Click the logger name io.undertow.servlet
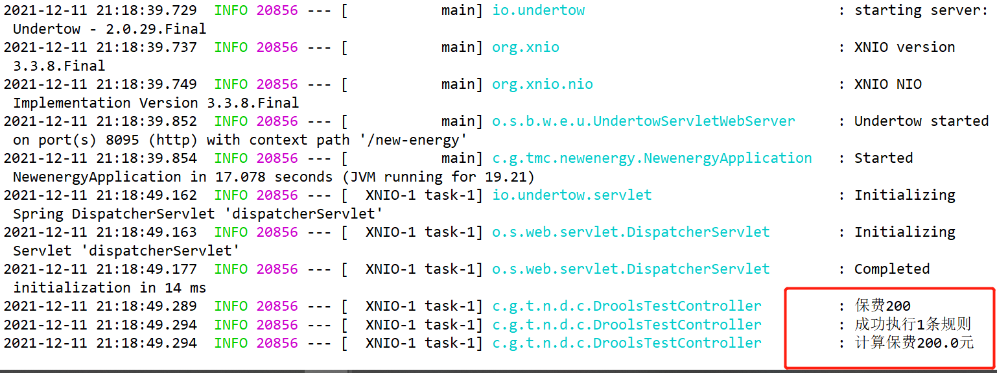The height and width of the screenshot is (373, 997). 572,195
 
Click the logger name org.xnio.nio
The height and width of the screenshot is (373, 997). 542,84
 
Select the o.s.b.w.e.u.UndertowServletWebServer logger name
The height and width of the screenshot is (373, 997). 643,121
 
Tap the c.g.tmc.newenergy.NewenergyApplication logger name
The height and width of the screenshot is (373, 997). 651,158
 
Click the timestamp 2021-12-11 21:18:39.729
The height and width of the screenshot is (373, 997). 100,10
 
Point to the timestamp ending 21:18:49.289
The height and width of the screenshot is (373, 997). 100,306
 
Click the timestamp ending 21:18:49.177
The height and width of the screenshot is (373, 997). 100,269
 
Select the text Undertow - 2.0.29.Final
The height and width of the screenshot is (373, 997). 110,29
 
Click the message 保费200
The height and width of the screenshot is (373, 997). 882,306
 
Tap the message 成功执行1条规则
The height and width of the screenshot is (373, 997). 913,325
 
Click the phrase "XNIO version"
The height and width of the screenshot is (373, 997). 904,47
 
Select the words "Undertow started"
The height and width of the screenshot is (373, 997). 921,121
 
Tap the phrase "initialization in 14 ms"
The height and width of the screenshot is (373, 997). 110,288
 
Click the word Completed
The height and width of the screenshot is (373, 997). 892,269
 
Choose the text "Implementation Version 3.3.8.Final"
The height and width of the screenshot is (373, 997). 156,103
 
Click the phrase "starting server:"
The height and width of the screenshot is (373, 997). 921,10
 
